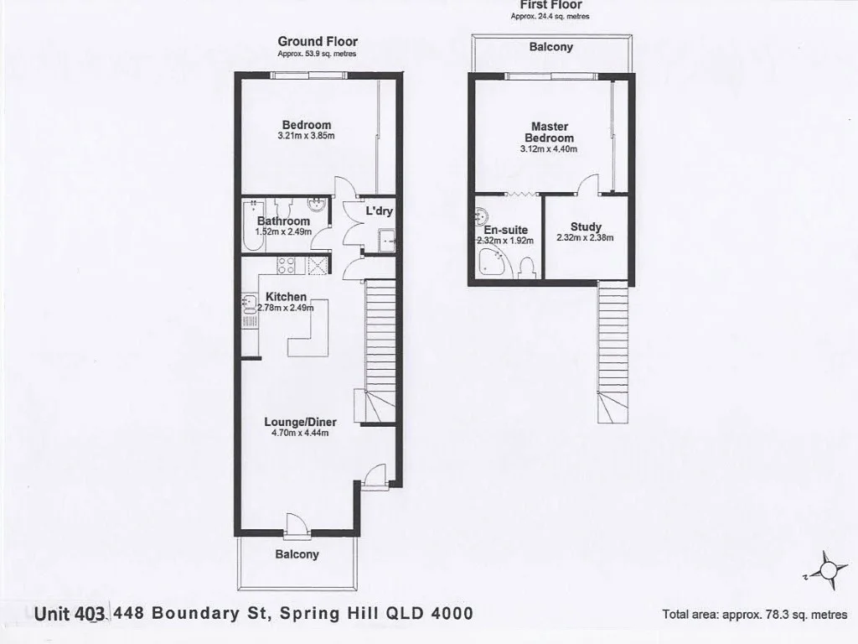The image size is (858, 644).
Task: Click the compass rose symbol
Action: click(827, 570)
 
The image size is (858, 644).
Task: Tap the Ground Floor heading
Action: click(318, 41)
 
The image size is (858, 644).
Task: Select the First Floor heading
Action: click(550, 4)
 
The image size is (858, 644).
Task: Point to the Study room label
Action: click(585, 226)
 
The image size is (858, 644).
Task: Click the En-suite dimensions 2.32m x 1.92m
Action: click(505, 240)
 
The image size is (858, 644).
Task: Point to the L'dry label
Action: click(379, 211)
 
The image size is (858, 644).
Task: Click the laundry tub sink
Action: click(386, 240)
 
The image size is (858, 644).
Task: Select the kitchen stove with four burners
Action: click(286, 266)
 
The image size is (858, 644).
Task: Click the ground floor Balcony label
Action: click(297, 554)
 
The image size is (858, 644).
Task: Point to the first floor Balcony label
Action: click(551, 47)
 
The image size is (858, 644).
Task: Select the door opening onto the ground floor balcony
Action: click(295, 525)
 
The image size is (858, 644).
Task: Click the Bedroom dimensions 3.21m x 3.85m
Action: click(306, 136)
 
